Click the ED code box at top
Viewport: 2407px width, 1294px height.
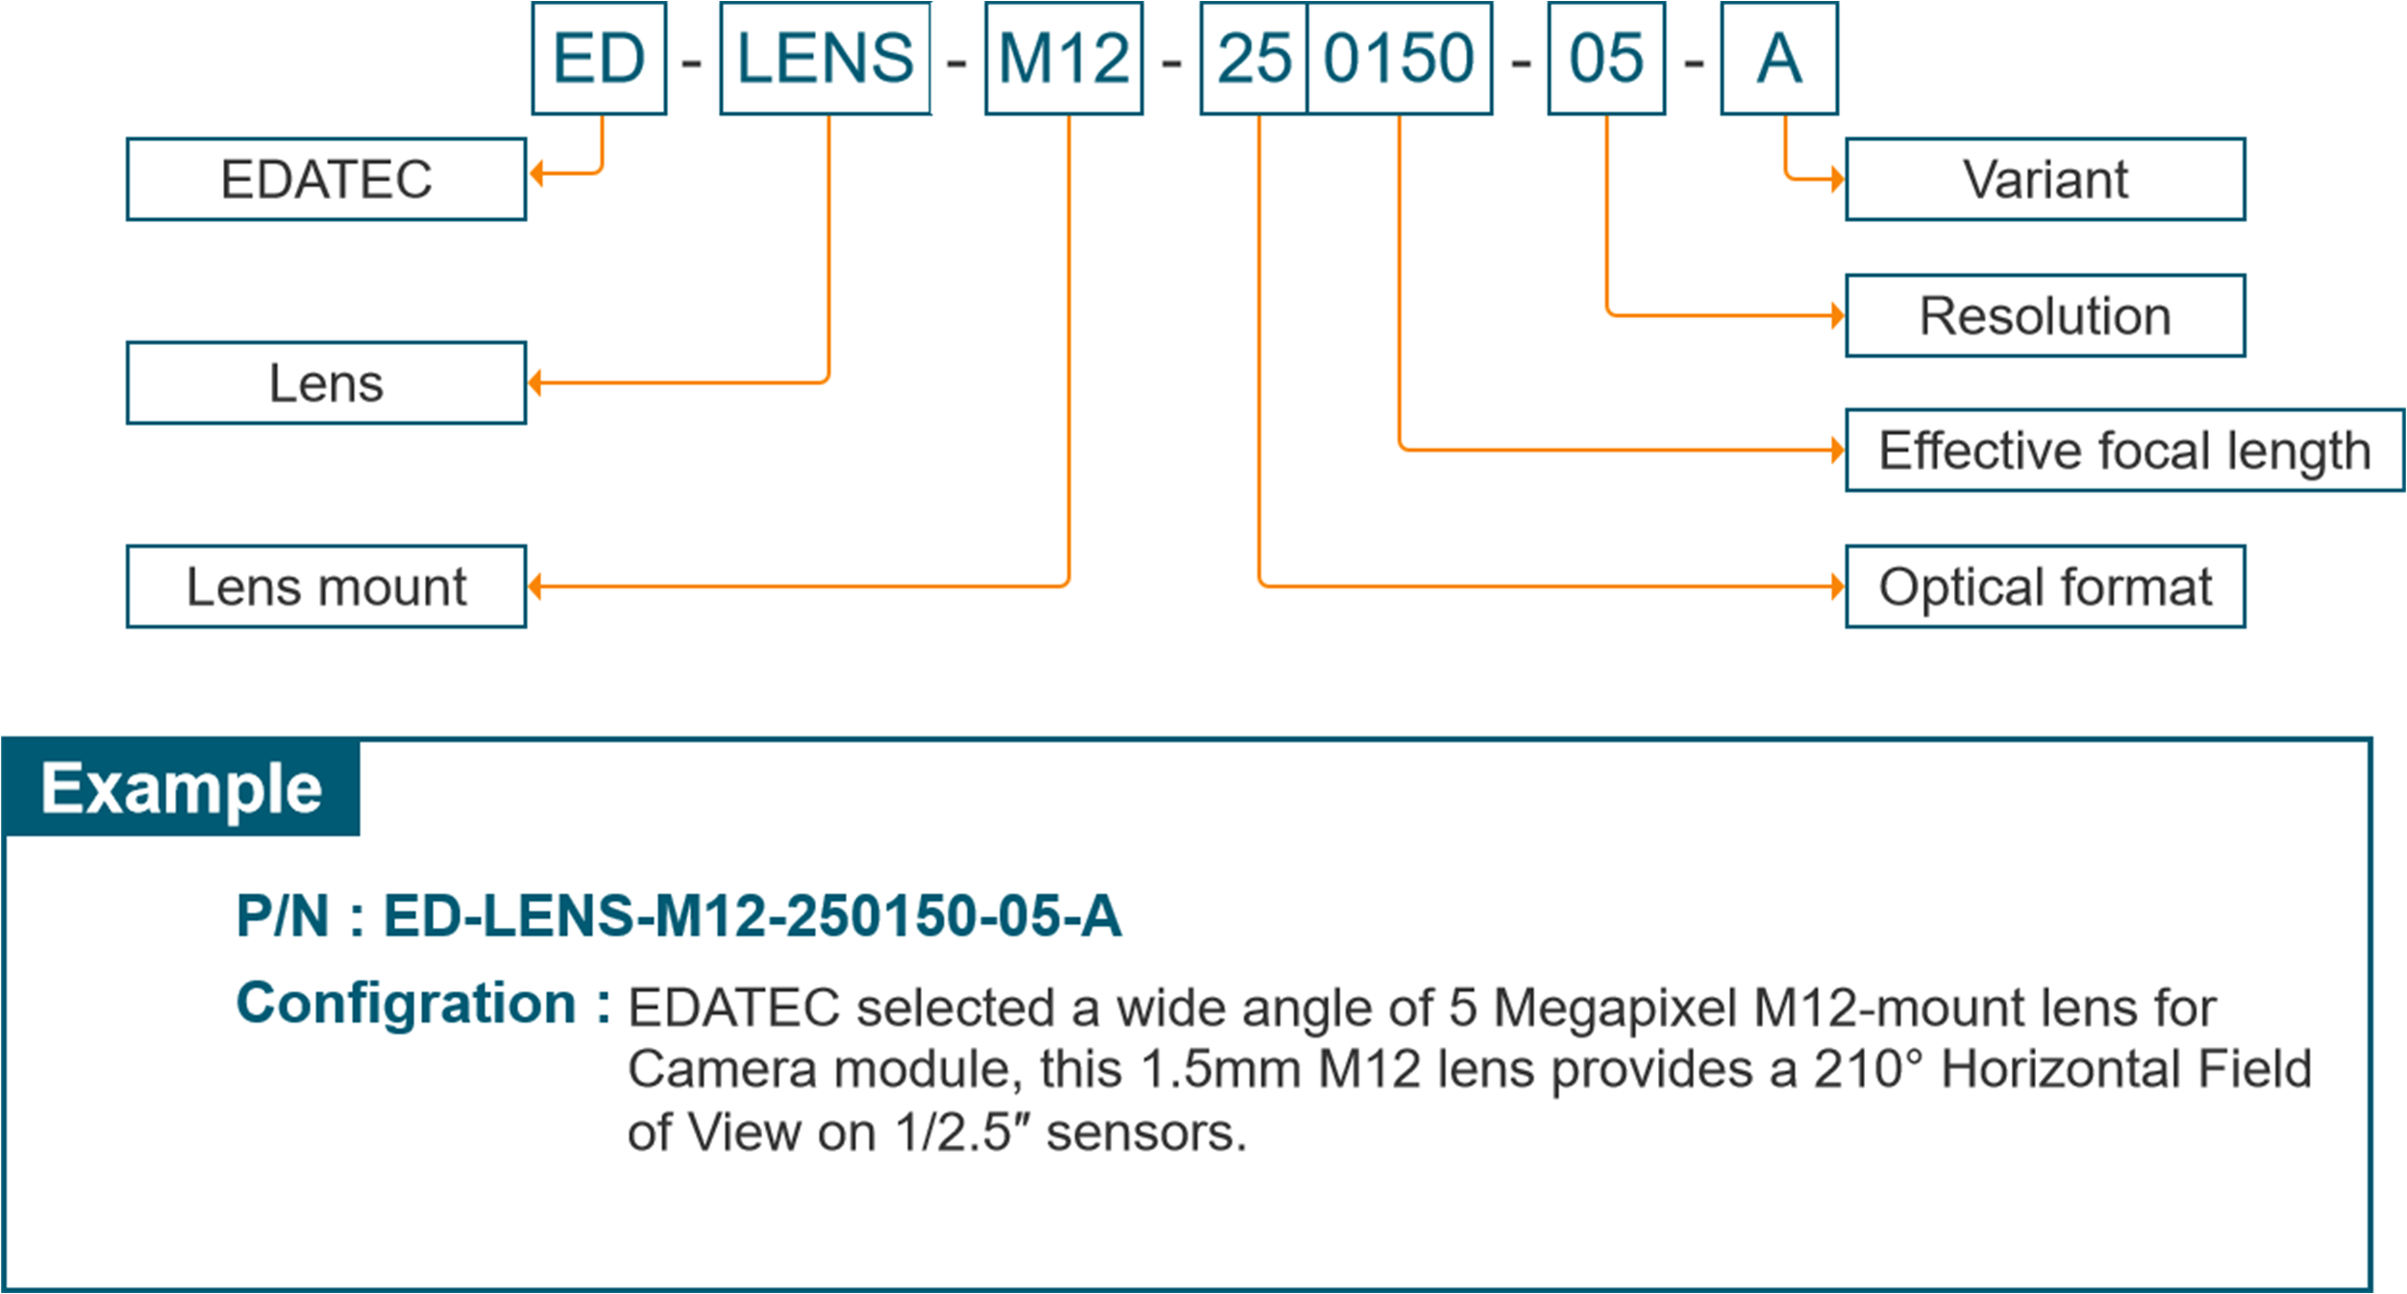pyautogui.click(x=599, y=59)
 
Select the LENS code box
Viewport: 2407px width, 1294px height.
pyautogui.click(x=825, y=59)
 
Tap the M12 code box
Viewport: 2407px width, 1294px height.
pyautogui.click(x=1063, y=59)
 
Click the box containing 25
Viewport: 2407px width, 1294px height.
pyautogui.click(x=1254, y=59)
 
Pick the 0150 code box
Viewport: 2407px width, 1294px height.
pyautogui.click(x=1399, y=59)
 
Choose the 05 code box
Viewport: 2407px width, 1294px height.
pyautogui.click(x=1605, y=59)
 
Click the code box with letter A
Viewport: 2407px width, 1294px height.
pyautogui.click(x=1778, y=59)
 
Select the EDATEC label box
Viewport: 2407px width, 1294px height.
pyautogui.click(x=326, y=180)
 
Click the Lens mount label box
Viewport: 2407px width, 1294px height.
pyautogui.click(x=326, y=586)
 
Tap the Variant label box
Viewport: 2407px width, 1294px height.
pyautogui.click(x=2045, y=180)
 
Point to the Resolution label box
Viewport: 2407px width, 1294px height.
pyautogui.click(x=2045, y=315)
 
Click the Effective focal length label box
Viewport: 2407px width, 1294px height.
pyautogui.click(x=2124, y=450)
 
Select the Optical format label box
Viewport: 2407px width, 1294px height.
pyautogui.click(x=2045, y=586)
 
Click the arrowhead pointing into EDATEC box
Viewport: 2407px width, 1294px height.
pyautogui.click(x=537, y=174)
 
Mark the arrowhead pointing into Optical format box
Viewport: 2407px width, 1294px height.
pyautogui.click(x=1837, y=586)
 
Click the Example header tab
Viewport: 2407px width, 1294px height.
pyautogui.click(x=181, y=788)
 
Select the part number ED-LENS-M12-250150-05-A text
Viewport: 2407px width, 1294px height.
pyautogui.click(x=752, y=915)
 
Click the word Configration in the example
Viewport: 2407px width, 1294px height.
pyautogui.click(x=406, y=1004)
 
